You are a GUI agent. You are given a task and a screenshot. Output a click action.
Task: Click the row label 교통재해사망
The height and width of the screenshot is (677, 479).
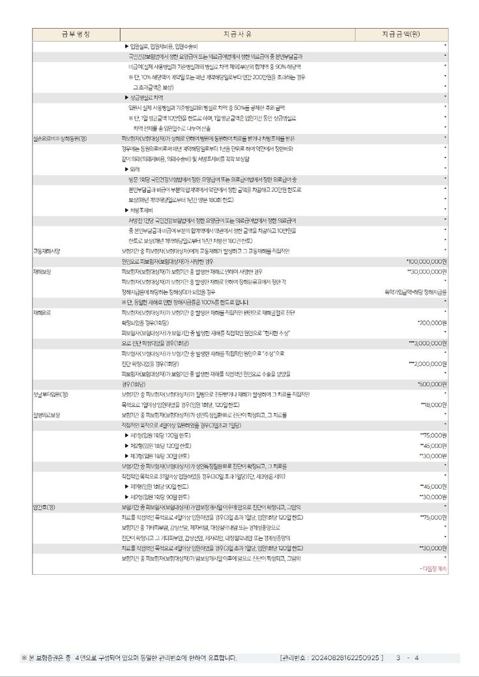[47, 251]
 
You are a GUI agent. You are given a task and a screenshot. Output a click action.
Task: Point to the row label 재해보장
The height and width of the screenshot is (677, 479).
[42, 271]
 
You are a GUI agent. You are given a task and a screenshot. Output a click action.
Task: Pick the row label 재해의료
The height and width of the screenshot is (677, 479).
[42, 312]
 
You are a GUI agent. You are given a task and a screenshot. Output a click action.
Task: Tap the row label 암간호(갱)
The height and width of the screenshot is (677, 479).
[44, 506]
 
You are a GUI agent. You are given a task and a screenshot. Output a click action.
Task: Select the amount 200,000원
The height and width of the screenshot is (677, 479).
[432, 322]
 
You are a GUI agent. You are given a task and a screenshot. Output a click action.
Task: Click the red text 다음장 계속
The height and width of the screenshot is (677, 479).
[433, 568]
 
